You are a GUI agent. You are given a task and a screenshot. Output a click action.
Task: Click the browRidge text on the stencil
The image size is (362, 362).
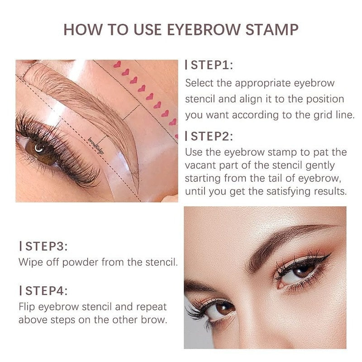tap(96, 146)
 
